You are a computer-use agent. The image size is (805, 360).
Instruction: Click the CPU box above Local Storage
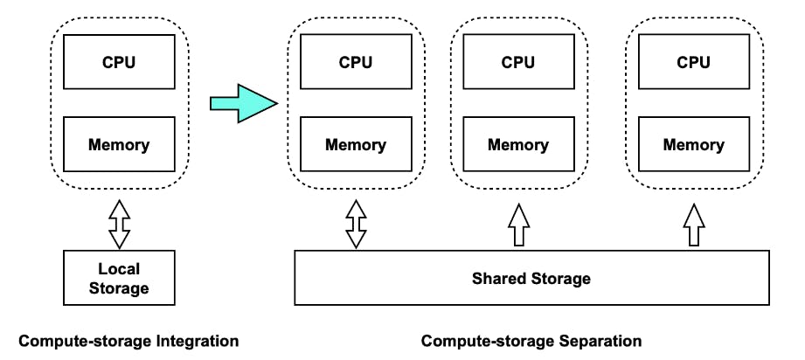(119, 62)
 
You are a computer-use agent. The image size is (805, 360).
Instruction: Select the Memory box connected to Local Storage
(119, 145)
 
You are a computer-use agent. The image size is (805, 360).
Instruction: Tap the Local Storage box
(119, 277)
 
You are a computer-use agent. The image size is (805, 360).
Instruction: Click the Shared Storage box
(531, 279)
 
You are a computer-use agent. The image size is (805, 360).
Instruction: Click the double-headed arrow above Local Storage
(119, 223)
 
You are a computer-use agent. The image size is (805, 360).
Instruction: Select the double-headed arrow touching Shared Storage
(356, 225)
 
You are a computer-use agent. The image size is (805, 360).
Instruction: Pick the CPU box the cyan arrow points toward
(356, 62)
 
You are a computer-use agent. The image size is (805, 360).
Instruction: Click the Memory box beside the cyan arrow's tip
(356, 145)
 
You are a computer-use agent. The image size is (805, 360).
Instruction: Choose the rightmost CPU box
(693, 62)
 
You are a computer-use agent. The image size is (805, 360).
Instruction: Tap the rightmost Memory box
(693, 145)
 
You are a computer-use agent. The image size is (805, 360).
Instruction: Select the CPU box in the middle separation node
(518, 62)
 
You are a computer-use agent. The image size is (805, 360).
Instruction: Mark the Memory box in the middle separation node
(518, 145)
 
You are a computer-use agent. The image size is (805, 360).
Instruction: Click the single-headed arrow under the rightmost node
(693, 225)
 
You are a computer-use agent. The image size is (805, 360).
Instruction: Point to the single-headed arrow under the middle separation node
(518, 225)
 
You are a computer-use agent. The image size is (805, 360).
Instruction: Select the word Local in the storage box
(119, 268)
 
